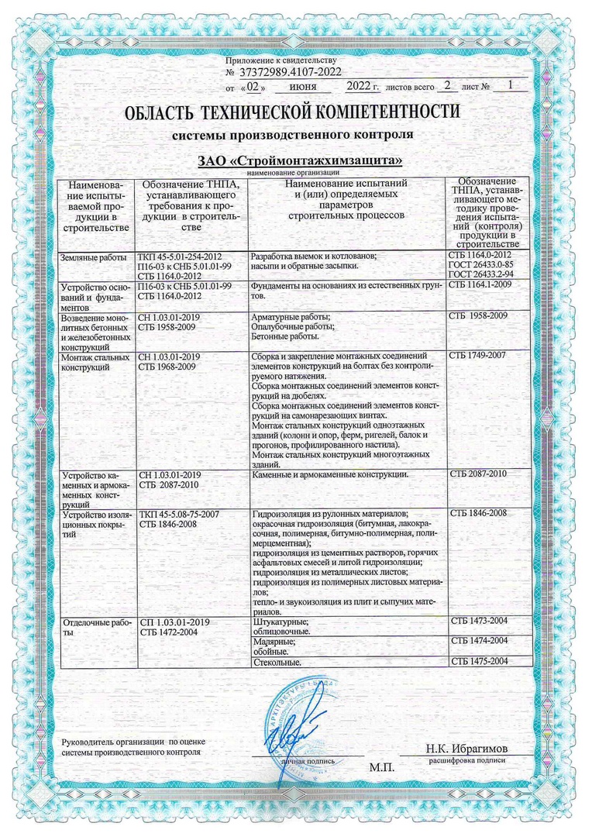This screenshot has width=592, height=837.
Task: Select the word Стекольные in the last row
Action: (277, 663)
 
